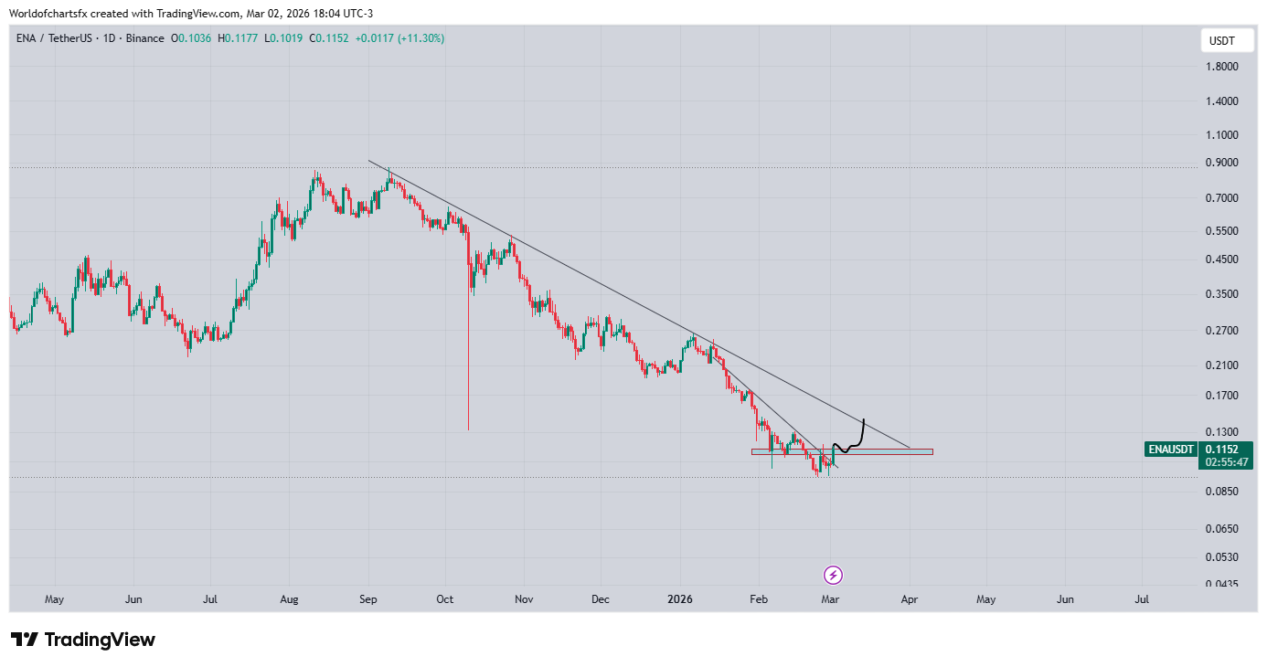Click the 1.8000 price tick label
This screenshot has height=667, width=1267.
[1223, 67]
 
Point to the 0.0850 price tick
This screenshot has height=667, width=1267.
[1223, 492]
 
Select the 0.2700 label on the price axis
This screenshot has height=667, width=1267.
[1223, 330]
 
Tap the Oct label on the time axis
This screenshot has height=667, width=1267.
[445, 599]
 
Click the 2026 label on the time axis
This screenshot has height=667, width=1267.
[679, 599]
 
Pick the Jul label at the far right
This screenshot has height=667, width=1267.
[1142, 599]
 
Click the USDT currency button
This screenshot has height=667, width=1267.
[1222, 41]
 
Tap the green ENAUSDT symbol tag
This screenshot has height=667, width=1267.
[1171, 450]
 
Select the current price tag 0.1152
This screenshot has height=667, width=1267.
[1221, 450]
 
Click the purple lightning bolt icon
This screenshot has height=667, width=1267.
[833, 575]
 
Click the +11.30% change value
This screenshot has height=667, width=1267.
[421, 38]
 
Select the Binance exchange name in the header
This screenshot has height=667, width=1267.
[144, 38]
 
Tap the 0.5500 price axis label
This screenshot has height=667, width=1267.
[1223, 231]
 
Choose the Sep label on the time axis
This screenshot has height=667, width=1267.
[368, 599]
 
